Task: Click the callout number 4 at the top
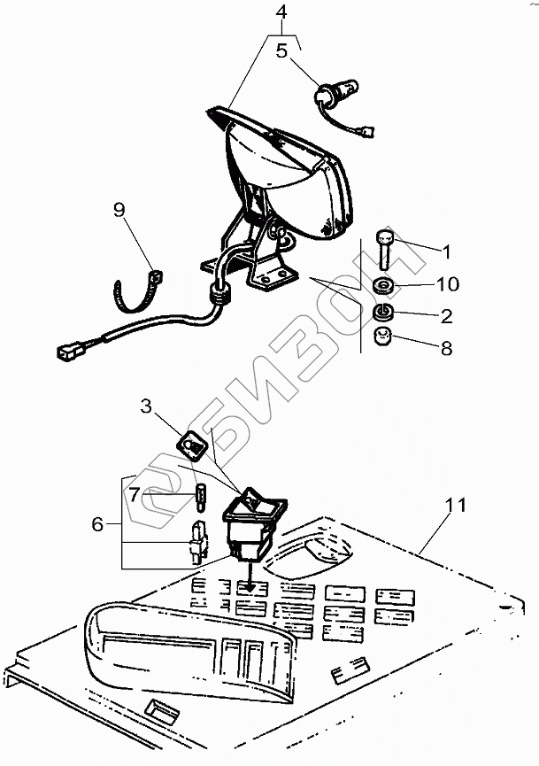(281, 12)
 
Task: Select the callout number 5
(282, 50)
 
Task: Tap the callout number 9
(119, 210)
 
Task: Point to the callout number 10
(447, 284)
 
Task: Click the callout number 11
(455, 505)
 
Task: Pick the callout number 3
(146, 406)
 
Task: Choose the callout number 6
(97, 524)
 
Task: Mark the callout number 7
(135, 495)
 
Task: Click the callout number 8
(446, 348)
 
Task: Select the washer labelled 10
(384, 285)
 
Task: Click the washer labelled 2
(384, 312)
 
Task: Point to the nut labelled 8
(384, 337)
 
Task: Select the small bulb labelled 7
(201, 498)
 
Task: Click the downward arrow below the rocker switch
(250, 576)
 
